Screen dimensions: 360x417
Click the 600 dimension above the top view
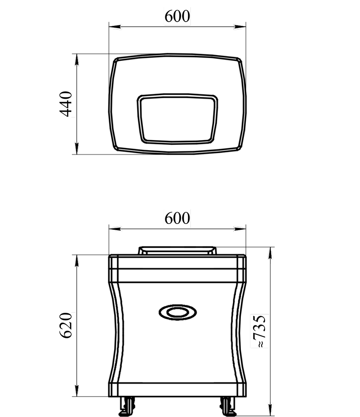click(x=177, y=16)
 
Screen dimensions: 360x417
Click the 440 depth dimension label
click(x=65, y=104)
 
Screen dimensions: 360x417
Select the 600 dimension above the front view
click(x=177, y=219)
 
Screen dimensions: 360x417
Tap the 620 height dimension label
click(x=65, y=325)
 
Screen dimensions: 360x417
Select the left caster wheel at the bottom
click(x=127, y=406)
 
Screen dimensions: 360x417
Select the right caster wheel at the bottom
click(x=228, y=406)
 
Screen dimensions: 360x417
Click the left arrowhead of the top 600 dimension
click(x=115, y=27)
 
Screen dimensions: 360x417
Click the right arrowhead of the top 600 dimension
click(x=240, y=27)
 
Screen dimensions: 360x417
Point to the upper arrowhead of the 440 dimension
click(x=77, y=60)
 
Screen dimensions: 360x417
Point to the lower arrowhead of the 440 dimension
click(x=77, y=148)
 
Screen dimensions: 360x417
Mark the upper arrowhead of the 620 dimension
click(x=77, y=261)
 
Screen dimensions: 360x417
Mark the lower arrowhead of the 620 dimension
click(x=77, y=390)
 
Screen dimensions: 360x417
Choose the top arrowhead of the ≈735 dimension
click(x=270, y=253)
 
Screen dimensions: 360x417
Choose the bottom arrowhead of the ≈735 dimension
click(x=270, y=410)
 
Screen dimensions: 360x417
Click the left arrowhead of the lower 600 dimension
click(x=115, y=229)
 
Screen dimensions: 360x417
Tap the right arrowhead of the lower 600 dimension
click(x=240, y=229)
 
